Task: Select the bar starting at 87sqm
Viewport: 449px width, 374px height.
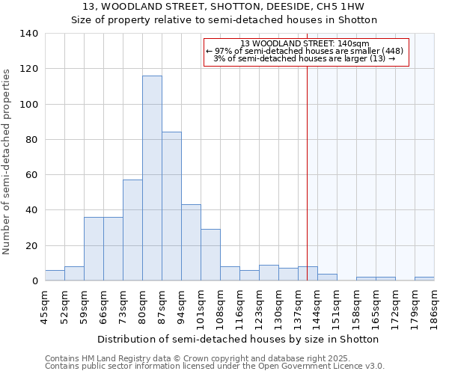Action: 171,206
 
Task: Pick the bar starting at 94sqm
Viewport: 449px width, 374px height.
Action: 191,242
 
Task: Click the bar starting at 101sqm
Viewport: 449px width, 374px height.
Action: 210,255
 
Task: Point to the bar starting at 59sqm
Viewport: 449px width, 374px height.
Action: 94,249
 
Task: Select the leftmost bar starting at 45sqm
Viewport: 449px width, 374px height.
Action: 55,275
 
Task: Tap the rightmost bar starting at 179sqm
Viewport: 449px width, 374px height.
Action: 424,278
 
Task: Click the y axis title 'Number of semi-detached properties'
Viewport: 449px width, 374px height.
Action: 7,162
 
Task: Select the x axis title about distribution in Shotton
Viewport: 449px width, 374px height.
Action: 238,339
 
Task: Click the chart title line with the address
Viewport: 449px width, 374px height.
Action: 224,7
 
